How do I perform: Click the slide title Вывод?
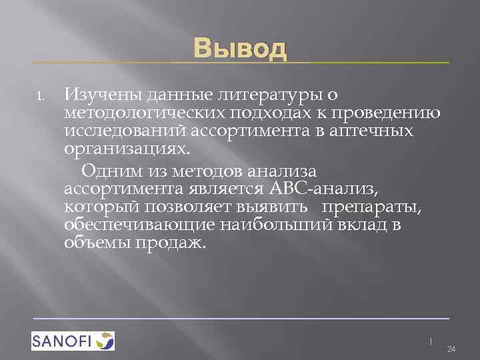pos(240,49)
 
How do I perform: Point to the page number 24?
pos(450,349)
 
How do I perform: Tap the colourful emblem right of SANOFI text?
pos(105,341)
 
